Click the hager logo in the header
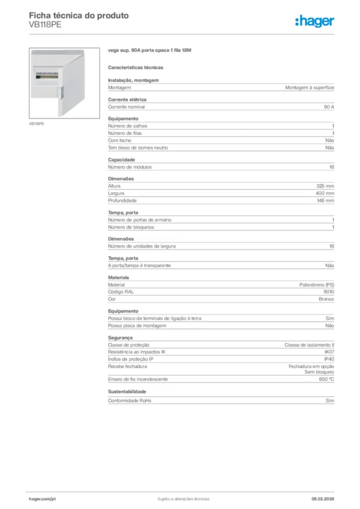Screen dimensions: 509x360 315,21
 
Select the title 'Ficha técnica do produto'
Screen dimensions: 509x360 79,15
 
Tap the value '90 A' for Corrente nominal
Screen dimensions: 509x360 329,107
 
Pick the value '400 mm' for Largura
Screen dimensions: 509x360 325,193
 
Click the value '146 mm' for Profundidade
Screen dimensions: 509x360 325,200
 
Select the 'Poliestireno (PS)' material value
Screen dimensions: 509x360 317,285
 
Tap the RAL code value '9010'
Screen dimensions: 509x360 329,292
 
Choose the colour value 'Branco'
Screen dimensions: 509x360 326,299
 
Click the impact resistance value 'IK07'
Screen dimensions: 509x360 329,352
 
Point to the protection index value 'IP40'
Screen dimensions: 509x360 329,359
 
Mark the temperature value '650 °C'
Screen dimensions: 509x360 326,379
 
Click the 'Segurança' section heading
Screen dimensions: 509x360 120,338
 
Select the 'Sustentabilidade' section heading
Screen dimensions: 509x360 127,391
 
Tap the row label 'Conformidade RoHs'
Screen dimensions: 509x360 130,400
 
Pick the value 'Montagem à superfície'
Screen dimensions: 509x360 309,87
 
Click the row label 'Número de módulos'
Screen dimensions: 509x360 130,167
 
